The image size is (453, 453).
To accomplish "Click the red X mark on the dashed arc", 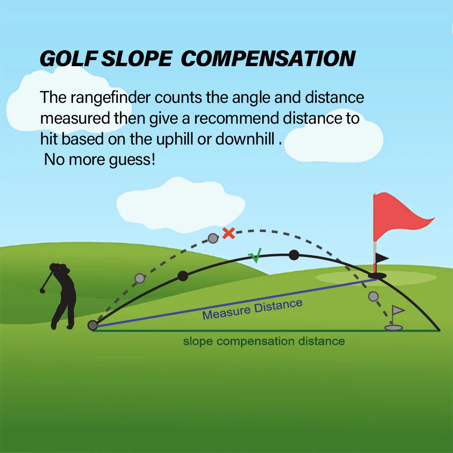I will [228, 233].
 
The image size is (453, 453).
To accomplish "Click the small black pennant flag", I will [381, 258].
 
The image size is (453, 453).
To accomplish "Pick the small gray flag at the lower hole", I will [398, 311].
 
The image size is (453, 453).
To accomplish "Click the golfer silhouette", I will [61, 294].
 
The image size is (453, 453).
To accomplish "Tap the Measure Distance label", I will [252, 309].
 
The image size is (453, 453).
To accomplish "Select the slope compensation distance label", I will [264, 341].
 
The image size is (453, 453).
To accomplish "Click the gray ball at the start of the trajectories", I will [93, 325].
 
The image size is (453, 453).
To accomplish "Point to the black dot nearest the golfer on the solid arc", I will [183, 276].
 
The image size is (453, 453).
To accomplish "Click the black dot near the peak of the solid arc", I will [294, 255].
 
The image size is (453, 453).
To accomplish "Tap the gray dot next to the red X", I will [212, 238].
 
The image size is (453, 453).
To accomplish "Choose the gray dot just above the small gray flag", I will [373, 296].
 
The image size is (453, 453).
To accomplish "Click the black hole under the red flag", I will [377, 275].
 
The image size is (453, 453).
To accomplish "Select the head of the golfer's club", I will [43, 290].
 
